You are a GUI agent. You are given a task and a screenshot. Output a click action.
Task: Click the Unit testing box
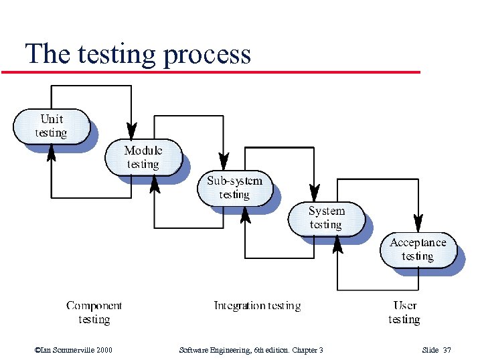[x=52, y=126]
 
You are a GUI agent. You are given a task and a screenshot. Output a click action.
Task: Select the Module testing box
[x=143, y=157]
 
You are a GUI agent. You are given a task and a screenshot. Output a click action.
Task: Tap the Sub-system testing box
[x=234, y=188]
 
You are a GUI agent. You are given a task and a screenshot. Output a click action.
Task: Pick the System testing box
[x=326, y=218]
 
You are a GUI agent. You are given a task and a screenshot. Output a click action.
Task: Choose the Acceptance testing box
[x=418, y=250]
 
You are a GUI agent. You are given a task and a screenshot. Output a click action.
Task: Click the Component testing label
[x=94, y=312]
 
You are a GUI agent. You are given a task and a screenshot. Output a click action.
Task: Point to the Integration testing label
[x=257, y=306]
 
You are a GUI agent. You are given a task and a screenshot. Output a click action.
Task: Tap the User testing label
[x=404, y=312]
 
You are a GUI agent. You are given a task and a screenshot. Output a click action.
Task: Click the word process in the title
[x=207, y=54]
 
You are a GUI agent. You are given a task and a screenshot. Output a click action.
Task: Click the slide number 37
[x=447, y=350]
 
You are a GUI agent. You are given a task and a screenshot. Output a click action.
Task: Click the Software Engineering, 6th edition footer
[x=252, y=350]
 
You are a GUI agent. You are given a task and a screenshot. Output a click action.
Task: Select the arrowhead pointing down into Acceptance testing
[x=418, y=222]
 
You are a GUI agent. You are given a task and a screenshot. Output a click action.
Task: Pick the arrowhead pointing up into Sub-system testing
[x=245, y=214]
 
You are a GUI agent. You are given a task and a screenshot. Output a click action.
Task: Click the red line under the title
[x=211, y=72]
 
